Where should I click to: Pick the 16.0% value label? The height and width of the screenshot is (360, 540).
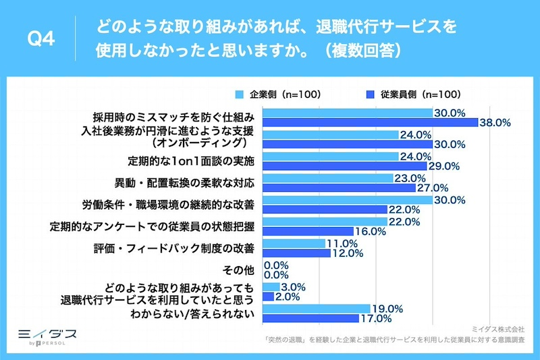(x=369, y=231)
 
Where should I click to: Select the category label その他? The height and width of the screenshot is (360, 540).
(x=240, y=271)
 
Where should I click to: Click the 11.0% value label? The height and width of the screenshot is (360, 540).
(x=341, y=244)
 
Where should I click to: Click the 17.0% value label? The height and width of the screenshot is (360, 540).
(x=376, y=318)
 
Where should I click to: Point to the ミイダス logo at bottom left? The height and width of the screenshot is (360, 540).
(x=46, y=334)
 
